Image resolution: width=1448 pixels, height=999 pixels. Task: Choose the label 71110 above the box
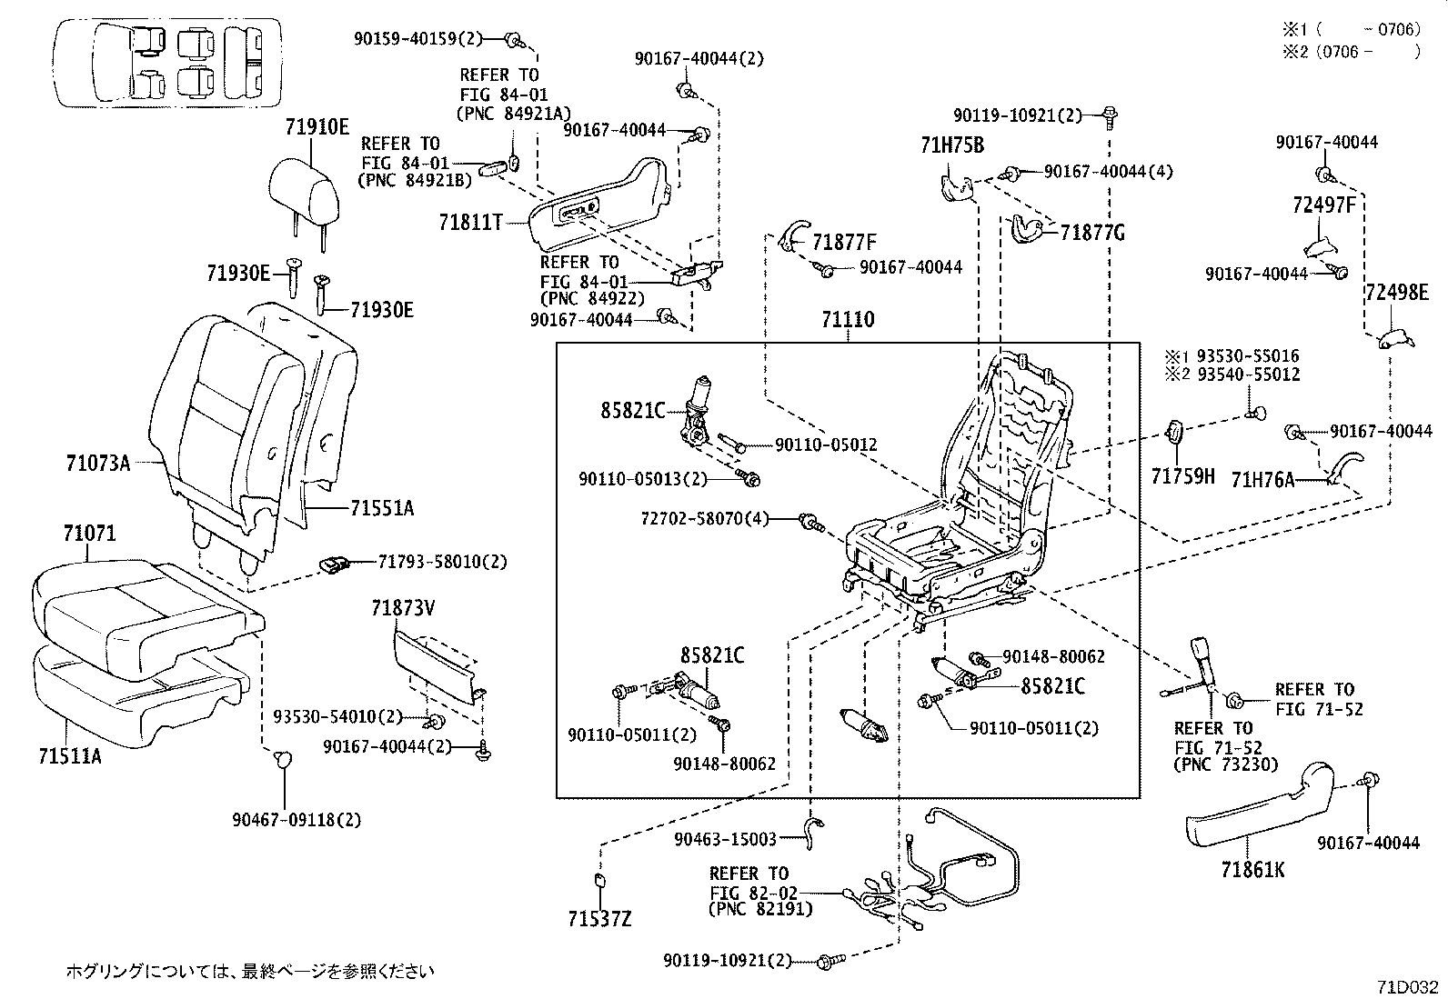[847, 319]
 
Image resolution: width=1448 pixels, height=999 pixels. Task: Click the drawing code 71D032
[1407, 986]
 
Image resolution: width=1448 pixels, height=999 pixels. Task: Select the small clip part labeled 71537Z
[600, 879]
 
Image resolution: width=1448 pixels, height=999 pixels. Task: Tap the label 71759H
[1182, 475]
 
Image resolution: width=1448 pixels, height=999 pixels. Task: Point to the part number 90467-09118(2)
[296, 819]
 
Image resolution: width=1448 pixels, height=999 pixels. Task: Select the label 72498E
[1396, 292]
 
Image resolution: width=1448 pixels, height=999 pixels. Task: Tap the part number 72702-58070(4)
[704, 518]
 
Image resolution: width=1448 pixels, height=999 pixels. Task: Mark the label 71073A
[97, 464]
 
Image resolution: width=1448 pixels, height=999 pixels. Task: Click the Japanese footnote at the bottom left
[249, 971]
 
